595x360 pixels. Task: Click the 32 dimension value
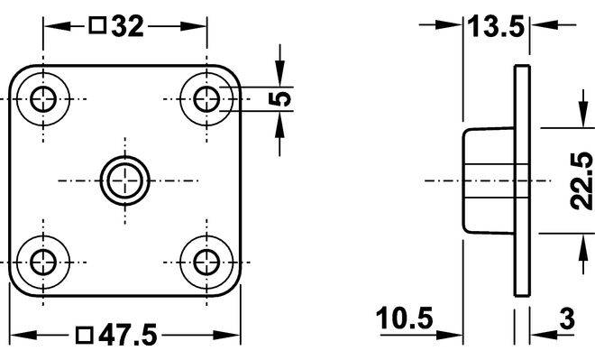point(128,26)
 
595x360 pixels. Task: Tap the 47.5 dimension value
point(127,335)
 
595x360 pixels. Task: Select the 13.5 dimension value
point(496,26)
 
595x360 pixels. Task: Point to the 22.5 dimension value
point(581,180)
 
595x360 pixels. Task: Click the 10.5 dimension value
point(405,318)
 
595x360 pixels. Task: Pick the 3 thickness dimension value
point(567,318)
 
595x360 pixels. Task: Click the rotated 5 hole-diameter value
point(280,99)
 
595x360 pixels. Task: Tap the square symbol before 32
point(97,25)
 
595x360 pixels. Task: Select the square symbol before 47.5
point(84,335)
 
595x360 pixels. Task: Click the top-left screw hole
point(43,99)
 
